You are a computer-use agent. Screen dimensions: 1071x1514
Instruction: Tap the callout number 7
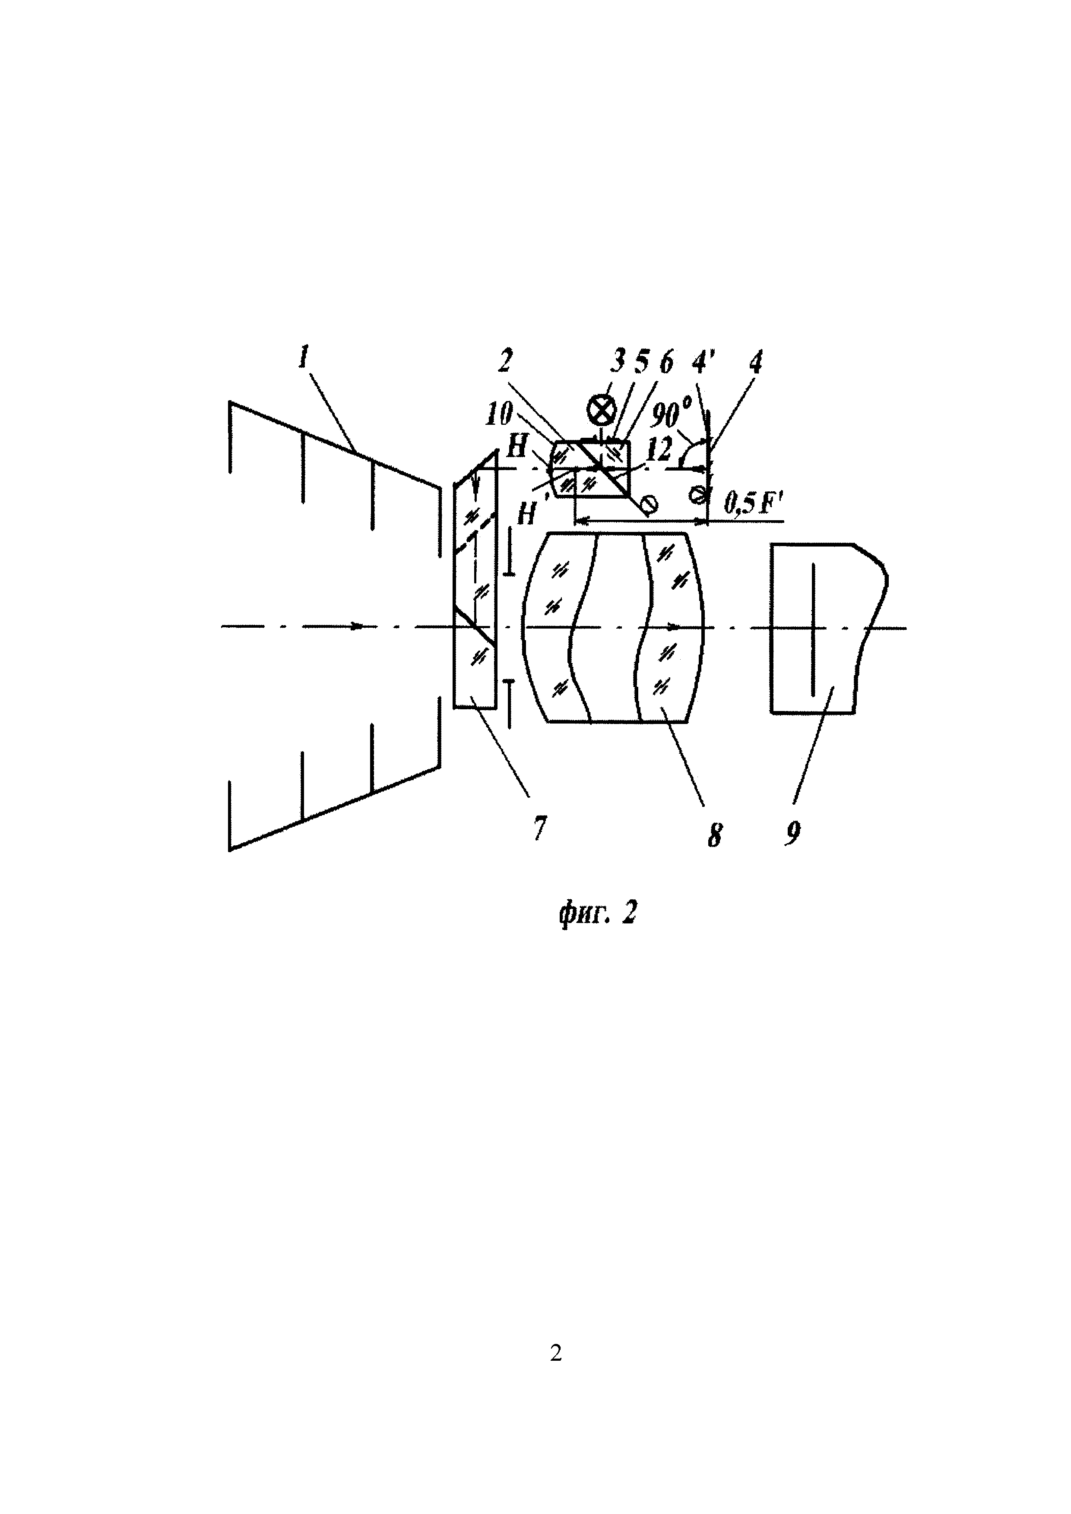pos(540,828)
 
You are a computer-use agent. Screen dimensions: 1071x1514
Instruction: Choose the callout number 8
pos(713,835)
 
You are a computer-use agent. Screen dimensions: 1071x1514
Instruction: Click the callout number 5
pos(641,361)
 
